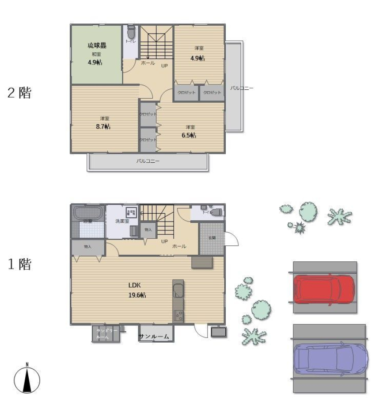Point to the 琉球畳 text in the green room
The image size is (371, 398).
(97, 46)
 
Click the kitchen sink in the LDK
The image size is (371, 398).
(178, 291)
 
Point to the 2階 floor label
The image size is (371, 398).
(19, 93)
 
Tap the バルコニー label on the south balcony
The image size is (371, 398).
(148, 161)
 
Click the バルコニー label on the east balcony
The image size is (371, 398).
(241, 88)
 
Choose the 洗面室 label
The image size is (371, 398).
(122, 221)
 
